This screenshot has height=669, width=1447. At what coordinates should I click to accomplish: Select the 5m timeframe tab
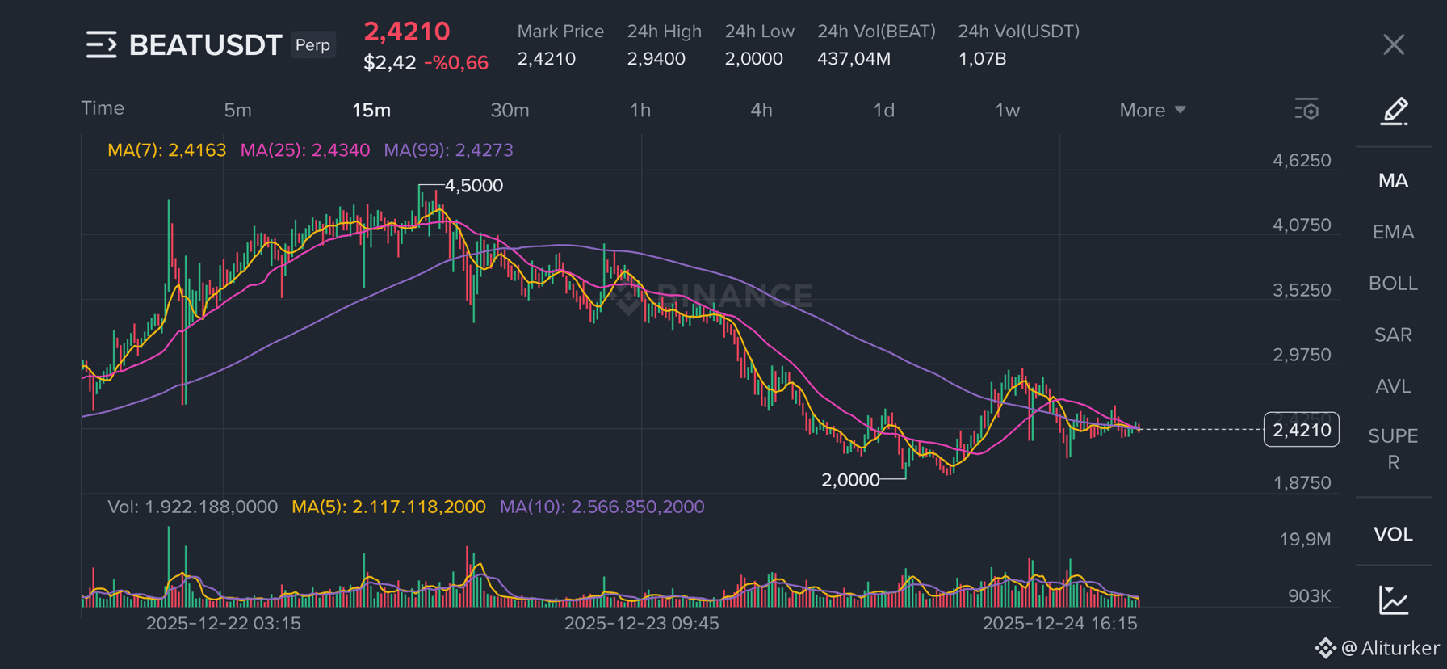click(237, 110)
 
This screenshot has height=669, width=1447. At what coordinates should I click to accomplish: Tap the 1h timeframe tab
click(640, 110)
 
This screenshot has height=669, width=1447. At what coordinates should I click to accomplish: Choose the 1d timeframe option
click(884, 110)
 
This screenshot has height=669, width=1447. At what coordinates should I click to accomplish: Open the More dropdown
click(1152, 110)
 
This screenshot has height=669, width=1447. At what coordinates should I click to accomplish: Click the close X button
click(1394, 44)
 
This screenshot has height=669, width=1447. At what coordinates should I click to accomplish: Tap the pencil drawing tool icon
click(1395, 111)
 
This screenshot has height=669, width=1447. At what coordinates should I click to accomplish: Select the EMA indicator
click(1394, 232)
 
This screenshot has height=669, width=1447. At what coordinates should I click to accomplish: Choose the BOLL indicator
click(1394, 284)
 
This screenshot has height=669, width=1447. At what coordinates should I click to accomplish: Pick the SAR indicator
click(1394, 334)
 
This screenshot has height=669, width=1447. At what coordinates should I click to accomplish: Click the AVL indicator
click(1394, 386)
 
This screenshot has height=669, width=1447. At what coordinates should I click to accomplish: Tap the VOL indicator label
click(1394, 534)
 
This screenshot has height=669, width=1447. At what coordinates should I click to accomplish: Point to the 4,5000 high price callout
click(474, 186)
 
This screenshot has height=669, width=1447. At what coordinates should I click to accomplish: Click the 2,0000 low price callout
click(850, 480)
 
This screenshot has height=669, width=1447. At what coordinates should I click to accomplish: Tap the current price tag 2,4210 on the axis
click(1302, 430)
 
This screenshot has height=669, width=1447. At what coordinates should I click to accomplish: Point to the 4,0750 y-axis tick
click(1302, 225)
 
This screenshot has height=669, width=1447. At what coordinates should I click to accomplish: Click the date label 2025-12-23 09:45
click(641, 624)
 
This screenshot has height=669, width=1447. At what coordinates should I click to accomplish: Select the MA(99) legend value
click(448, 150)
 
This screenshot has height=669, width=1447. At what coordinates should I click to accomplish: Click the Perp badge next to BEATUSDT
click(312, 44)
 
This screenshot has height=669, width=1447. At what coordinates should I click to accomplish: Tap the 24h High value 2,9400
click(656, 59)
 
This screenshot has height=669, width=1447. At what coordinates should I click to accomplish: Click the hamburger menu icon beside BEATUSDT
click(102, 44)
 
